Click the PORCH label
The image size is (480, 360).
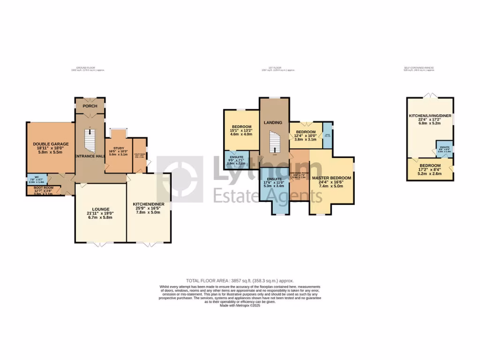click(90, 106)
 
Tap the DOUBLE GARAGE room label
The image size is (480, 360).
click(51, 144)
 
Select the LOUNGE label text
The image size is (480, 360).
click(101, 209)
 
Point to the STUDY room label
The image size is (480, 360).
click(118, 148)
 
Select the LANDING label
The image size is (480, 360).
click(273, 123)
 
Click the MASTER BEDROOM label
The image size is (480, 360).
click(331, 178)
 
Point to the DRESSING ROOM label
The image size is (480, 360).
click(299, 173)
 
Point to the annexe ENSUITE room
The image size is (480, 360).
click(444, 148)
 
